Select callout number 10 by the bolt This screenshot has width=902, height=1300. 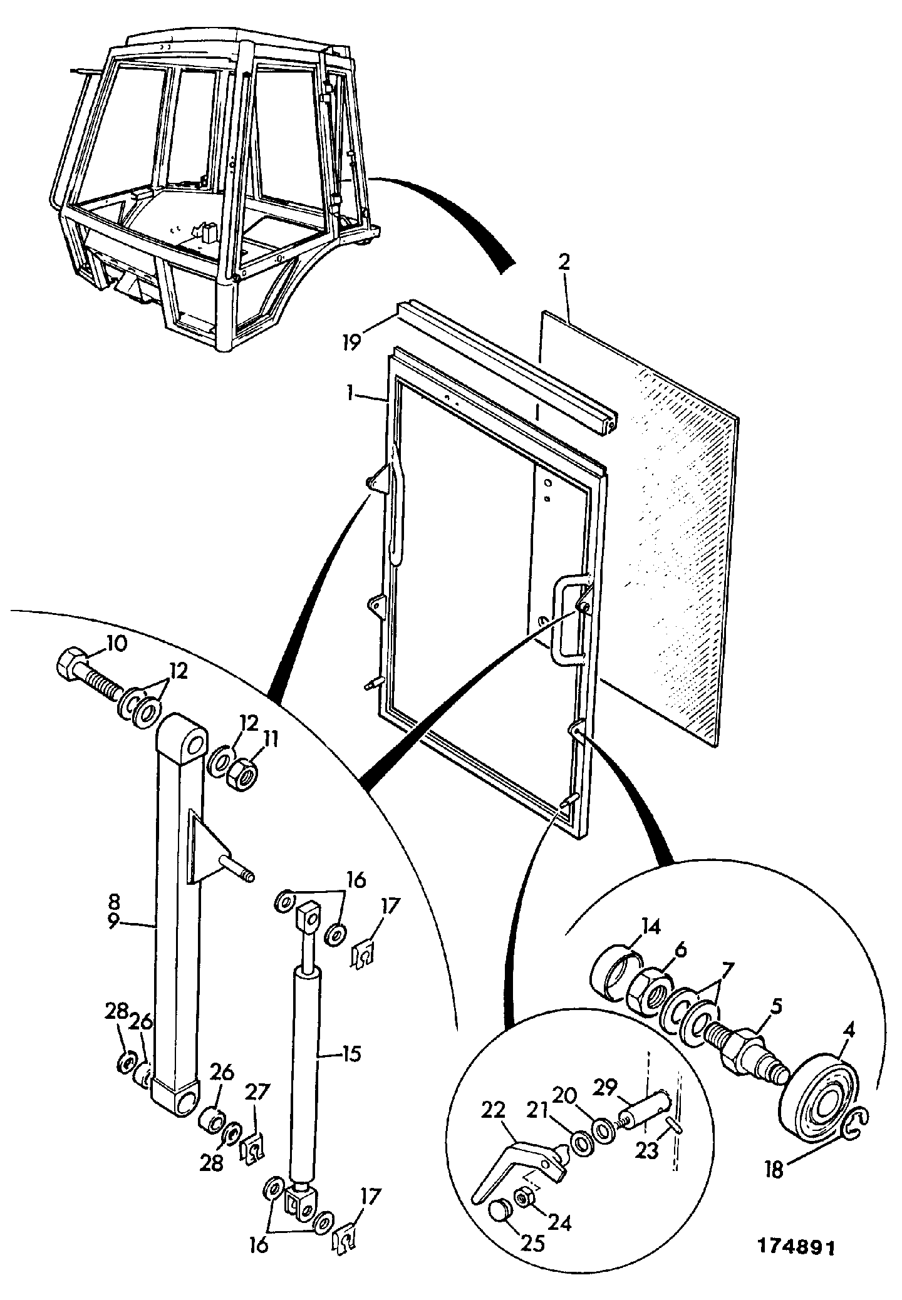[117, 644]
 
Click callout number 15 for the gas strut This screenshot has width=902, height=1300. [351, 1054]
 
